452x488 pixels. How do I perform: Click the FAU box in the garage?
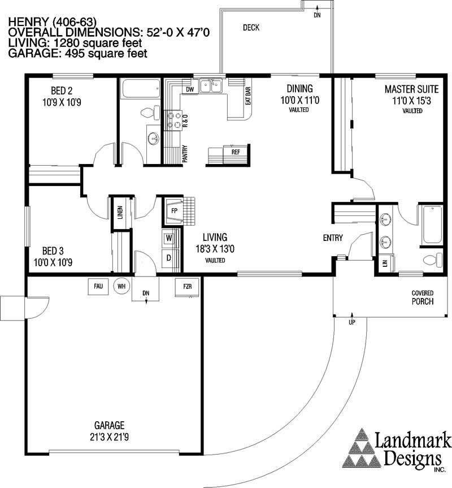(98, 286)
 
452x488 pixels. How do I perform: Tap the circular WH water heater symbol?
(121, 286)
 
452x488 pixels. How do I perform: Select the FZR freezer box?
(187, 286)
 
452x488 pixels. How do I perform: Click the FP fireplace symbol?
(175, 210)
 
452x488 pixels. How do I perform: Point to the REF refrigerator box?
(236, 152)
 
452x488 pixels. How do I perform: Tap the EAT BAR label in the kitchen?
(247, 97)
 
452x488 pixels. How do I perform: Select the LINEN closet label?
(120, 213)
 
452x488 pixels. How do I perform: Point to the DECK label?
(251, 27)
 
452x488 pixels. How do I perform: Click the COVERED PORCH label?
(422, 297)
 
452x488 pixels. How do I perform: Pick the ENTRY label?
(333, 238)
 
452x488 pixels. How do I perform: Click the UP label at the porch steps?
(351, 322)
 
